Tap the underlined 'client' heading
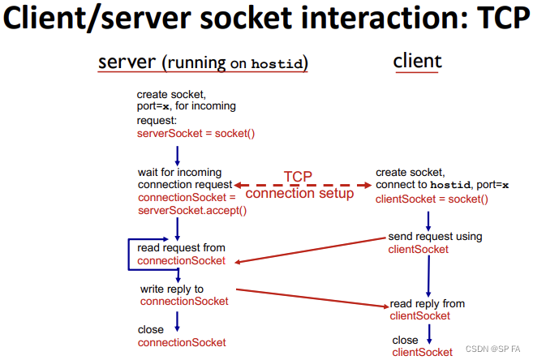[417, 61]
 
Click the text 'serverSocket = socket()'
[196, 133]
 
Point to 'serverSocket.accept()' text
[192, 210]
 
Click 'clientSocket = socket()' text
[432, 199]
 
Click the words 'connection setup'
[299, 194]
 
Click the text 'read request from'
[182, 247]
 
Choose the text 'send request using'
[435, 237]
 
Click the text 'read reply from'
[428, 303]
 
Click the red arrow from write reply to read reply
[312, 297]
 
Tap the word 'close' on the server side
[151, 330]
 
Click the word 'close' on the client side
[405, 340]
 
